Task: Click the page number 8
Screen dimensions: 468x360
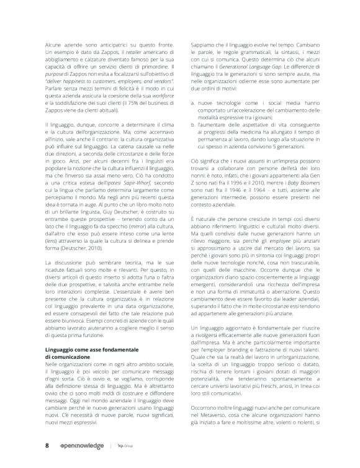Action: pos(47,446)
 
